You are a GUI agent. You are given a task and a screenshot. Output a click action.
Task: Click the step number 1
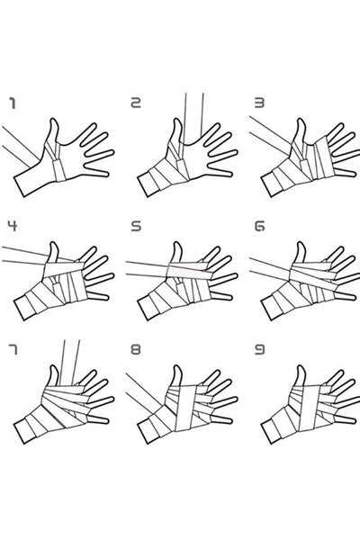[x=13, y=103]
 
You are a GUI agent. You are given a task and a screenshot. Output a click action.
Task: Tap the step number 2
[x=136, y=103]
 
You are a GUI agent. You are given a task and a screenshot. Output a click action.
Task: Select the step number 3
[x=259, y=103]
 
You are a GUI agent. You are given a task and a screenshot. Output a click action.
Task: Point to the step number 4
[x=13, y=226]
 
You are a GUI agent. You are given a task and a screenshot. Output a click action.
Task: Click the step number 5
[x=136, y=226]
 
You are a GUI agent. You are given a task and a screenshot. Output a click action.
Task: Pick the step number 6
[x=259, y=226]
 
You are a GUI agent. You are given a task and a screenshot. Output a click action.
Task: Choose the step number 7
[x=13, y=349]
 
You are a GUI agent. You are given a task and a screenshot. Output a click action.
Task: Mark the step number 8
[x=136, y=349]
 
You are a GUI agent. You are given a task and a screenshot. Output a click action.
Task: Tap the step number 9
[x=259, y=349]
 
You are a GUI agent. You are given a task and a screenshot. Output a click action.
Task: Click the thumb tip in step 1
[x=54, y=121]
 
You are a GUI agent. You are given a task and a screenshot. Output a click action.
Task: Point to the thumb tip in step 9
[x=301, y=367]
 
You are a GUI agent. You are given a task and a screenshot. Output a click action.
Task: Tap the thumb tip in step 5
[x=177, y=244]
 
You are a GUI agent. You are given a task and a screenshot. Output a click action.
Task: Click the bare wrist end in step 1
[x=19, y=187]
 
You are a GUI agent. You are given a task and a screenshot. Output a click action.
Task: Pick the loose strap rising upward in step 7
[x=69, y=363]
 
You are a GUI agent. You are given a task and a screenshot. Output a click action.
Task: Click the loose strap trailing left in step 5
[x=147, y=268]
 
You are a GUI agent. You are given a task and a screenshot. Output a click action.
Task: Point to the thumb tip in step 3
[x=301, y=121]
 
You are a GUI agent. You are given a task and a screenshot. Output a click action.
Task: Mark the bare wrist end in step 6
[x=266, y=310]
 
